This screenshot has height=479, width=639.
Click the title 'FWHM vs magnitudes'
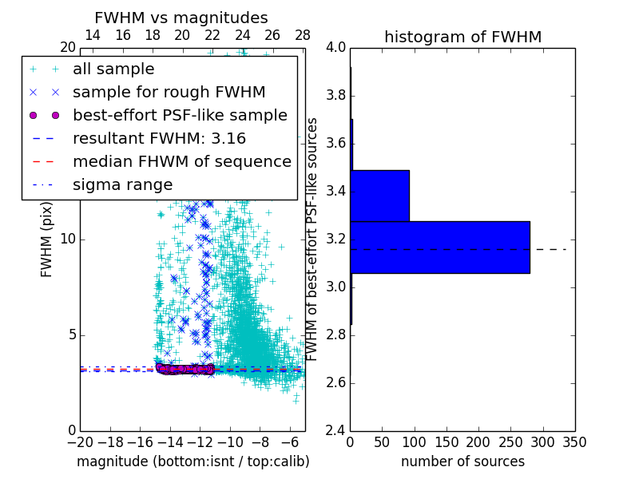point(181,18)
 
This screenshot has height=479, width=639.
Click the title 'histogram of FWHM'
point(462,37)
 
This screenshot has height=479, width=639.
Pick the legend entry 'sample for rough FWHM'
point(169,93)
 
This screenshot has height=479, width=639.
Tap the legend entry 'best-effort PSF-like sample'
point(180,116)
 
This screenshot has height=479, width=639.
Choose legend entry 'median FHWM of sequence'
point(181,162)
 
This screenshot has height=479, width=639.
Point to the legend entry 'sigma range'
point(122,185)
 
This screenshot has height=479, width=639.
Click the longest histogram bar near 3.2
point(439,247)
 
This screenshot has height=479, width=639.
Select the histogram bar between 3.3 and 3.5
point(379,196)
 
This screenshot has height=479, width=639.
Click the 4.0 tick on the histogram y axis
point(335,48)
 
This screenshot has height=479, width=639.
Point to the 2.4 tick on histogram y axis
point(335,430)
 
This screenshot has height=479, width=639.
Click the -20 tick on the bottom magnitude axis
point(80,441)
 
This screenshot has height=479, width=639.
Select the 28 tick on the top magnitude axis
point(302,35)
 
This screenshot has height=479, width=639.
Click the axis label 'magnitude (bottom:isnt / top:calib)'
point(192,461)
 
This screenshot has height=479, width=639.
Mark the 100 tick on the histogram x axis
point(415,441)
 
